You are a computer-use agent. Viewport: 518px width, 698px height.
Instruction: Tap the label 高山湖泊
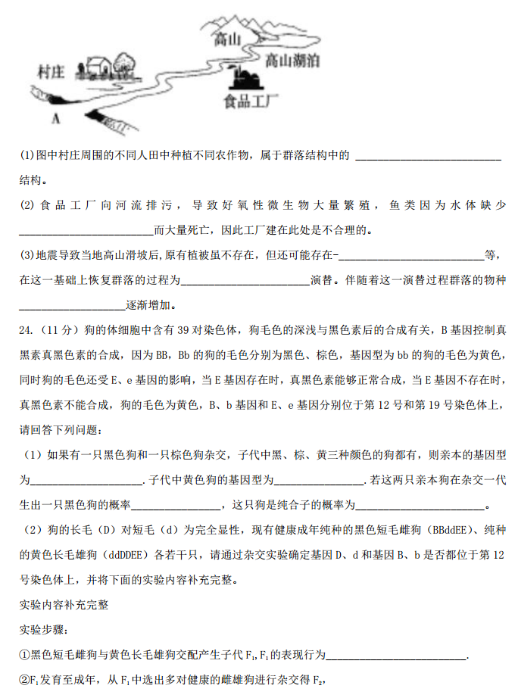[292, 61]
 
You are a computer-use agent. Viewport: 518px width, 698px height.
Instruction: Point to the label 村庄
[51, 72]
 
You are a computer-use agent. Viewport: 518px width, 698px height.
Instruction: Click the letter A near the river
[55, 118]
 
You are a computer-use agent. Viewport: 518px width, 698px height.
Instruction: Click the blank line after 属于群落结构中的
[428, 157]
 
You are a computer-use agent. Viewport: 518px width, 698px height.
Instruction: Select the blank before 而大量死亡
[86, 231]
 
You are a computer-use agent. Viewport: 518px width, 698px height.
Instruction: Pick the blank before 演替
[245, 281]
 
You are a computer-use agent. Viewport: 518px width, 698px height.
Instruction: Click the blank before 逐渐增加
[71, 306]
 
